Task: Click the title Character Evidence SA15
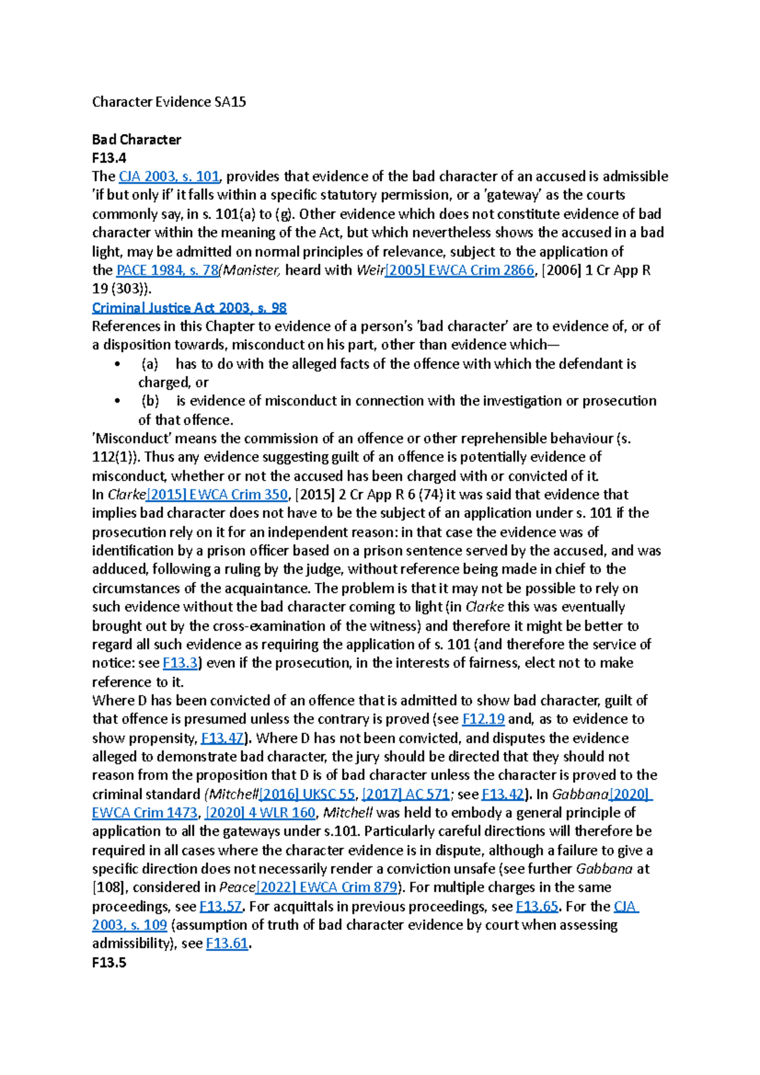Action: [x=168, y=102]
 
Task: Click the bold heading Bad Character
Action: [x=136, y=139]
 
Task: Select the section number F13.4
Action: [x=109, y=158]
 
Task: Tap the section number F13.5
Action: [x=109, y=962]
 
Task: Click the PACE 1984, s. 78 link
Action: [x=167, y=270]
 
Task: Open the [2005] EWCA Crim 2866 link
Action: [x=460, y=270]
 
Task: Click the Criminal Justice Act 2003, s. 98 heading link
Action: [x=189, y=308]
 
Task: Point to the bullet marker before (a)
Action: [x=117, y=364]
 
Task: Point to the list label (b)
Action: [x=150, y=401]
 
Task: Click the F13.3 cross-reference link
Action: [x=180, y=663]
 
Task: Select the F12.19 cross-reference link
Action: [x=483, y=719]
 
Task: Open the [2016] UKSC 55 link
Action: [x=307, y=794]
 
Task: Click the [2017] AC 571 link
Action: [x=405, y=794]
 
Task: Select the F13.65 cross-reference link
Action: [x=537, y=906]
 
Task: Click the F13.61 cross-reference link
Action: [x=227, y=943]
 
